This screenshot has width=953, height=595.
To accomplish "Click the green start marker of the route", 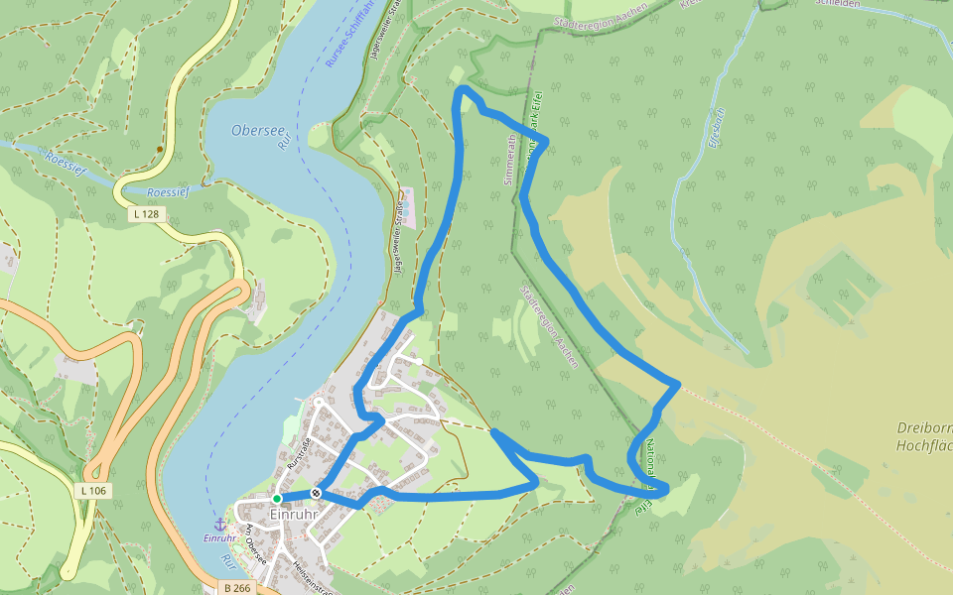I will pyautogui.click(x=277, y=498).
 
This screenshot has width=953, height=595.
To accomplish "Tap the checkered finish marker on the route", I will pyautogui.click(x=316, y=493).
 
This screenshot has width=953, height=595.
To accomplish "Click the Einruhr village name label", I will pyautogui.click(x=295, y=515).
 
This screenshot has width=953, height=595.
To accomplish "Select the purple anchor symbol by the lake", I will pyautogui.click(x=220, y=524).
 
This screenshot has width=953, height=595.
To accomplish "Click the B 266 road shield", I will pyautogui.click(x=236, y=588).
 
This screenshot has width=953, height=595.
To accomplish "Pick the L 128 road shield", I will pyautogui.click(x=145, y=213).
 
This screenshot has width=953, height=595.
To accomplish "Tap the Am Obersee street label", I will pyautogui.click(x=256, y=545).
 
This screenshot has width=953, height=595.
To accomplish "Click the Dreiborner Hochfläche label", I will pyautogui.click(x=923, y=437).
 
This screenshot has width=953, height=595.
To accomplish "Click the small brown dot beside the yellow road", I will pyautogui.click(x=159, y=150).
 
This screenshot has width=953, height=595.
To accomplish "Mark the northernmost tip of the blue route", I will pyautogui.click(x=463, y=90).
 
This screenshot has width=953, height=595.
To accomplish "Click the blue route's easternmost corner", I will pyautogui.click(x=678, y=384).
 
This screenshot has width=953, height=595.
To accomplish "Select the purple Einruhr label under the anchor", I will pyautogui.click(x=219, y=538).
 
